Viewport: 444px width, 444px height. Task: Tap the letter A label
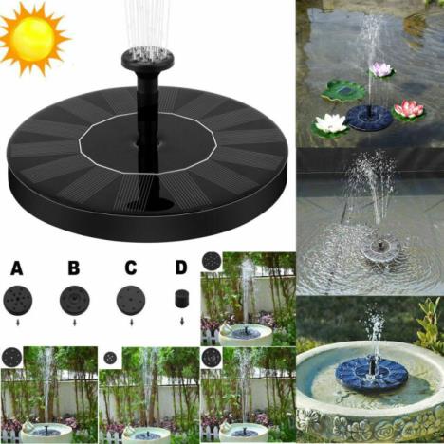(17, 268)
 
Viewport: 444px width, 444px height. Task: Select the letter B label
(73, 268)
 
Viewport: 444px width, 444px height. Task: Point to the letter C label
(130, 268)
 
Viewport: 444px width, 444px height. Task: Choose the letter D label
(181, 268)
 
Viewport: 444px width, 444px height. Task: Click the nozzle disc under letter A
(17, 300)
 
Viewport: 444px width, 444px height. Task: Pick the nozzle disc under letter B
(74, 300)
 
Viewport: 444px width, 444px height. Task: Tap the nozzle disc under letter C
(130, 300)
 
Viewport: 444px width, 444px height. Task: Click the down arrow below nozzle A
(17, 323)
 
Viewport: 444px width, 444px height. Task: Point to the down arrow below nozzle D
(181, 322)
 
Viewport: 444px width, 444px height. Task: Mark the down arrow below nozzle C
(130, 323)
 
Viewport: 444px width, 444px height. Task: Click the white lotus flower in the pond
(331, 123)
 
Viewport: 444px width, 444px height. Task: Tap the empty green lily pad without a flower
(343, 91)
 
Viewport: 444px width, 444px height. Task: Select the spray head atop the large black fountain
(147, 59)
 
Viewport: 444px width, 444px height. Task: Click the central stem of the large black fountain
(147, 114)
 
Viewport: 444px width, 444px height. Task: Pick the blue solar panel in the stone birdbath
(375, 374)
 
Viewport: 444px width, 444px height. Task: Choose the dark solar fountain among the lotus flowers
(368, 118)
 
